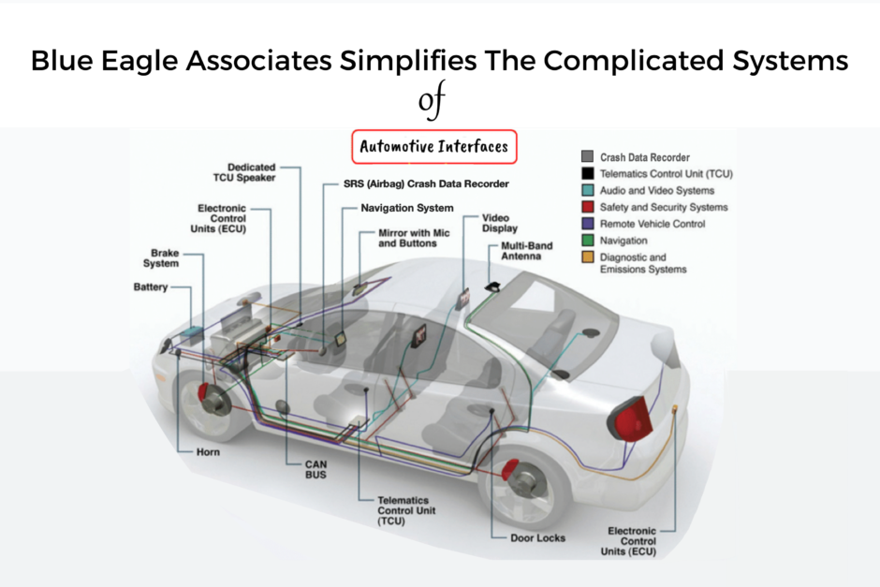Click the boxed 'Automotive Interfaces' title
434,147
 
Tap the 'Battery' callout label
150,287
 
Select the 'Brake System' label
165,258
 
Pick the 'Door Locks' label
537,538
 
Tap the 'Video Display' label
499,223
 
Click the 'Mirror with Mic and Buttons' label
407,238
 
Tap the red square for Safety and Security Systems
587,207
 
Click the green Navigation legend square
587,241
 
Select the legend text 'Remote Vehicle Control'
653,224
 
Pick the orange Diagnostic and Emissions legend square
587,257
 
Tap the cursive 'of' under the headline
432,102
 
